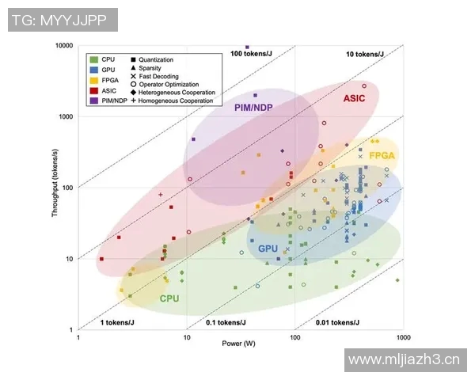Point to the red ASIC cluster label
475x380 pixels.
click(x=354, y=99)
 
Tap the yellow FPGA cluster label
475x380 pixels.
click(x=382, y=156)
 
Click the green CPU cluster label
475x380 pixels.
click(x=169, y=298)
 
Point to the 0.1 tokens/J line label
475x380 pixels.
click(x=226, y=322)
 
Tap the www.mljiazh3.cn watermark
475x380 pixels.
click(x=405, y=361)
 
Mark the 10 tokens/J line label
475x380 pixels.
click(x=365, y=54)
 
